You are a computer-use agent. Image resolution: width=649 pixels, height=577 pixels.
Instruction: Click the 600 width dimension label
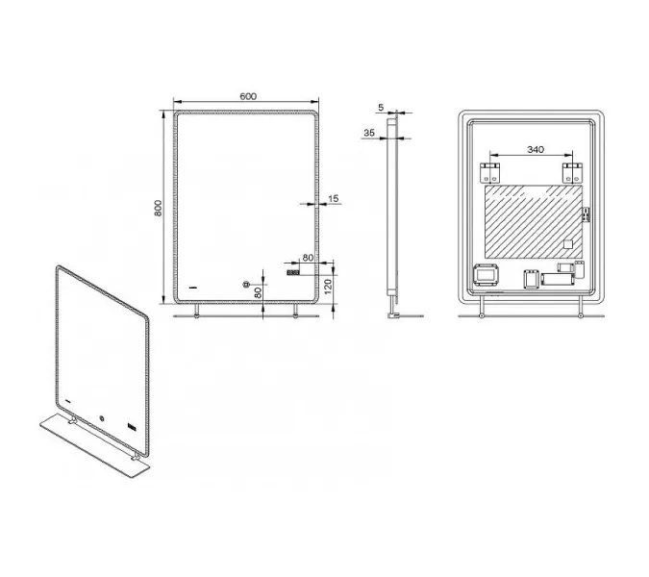[247, 96]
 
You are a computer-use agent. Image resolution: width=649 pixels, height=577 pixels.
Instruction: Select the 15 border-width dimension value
[334, 198]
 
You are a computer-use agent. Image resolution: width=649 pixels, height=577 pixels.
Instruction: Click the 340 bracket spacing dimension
[536, 149]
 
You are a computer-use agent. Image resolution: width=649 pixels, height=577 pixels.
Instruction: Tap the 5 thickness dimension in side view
[381, 107]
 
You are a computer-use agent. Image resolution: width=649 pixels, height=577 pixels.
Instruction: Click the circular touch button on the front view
[246, 286]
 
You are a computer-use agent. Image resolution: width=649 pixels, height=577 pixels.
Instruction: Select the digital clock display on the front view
[293, 272]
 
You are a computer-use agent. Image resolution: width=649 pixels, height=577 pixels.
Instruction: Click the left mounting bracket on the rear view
[490, 173]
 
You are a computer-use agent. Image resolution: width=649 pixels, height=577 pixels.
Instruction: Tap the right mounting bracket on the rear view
[572, 173]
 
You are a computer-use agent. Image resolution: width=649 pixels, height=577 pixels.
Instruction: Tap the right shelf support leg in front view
[295, 312]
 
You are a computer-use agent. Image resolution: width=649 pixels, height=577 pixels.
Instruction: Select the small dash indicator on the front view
[192, 288]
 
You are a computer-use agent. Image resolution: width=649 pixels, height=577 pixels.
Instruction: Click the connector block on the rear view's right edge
[587, 219]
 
